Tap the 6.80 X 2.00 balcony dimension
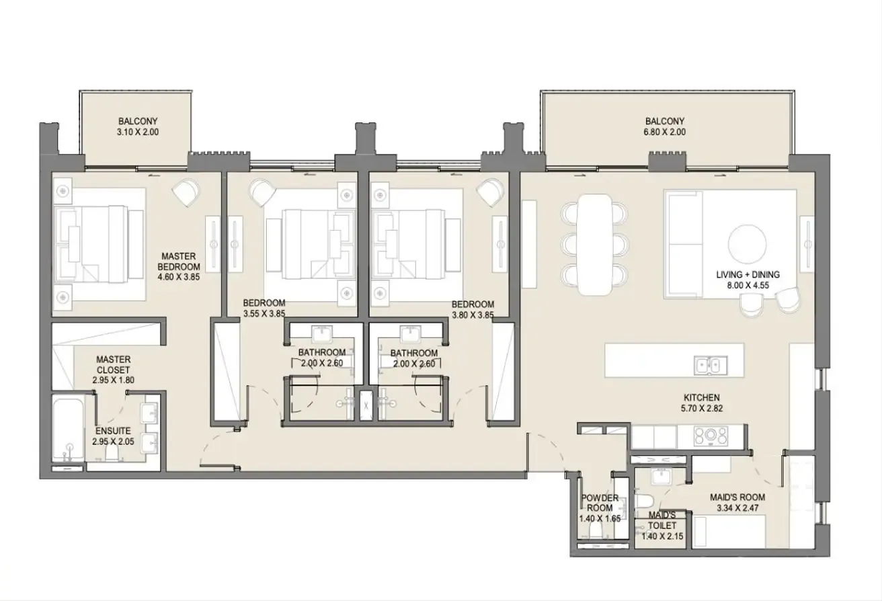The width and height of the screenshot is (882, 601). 665,132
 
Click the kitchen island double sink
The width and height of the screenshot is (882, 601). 711,366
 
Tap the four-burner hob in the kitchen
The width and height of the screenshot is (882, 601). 711,436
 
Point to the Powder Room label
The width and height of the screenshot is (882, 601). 600,503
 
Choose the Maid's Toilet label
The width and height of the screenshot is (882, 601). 662,520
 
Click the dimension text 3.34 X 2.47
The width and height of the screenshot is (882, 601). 737,508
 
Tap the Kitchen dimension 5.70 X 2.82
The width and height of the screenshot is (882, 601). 702,409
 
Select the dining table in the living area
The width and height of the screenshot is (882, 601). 594,244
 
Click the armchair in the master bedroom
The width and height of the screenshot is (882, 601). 186,192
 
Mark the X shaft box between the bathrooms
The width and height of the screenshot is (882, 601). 366,405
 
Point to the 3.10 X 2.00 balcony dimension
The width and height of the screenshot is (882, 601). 138,132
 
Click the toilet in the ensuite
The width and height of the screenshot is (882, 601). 112,454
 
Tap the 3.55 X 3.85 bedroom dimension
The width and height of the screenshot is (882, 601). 264,314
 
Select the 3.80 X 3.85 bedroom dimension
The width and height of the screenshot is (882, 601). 473,315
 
